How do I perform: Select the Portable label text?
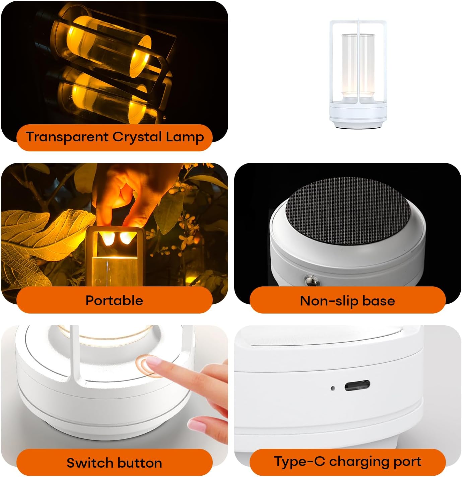click(x=114, y=300)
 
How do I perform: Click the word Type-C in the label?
click(x=300, y=462)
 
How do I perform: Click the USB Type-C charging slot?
click(x=357, y=386)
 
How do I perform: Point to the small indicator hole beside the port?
click(x=333, y=389)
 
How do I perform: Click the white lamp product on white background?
click(x=357, y=75)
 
